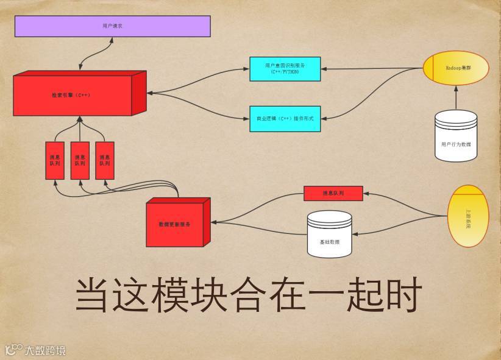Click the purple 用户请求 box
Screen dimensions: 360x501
113,26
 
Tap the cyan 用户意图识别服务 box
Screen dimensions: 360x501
285,68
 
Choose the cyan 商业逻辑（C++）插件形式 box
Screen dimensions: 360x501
285,118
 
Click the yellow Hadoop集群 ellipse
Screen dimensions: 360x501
456,68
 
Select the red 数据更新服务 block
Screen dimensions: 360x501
175,224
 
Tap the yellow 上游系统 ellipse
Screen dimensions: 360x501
468,216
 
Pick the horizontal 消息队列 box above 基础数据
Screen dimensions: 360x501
333,193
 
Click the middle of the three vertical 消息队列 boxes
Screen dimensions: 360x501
80,160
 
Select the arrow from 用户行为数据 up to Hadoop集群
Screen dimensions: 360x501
456,97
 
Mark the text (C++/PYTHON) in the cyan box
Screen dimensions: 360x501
285,72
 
